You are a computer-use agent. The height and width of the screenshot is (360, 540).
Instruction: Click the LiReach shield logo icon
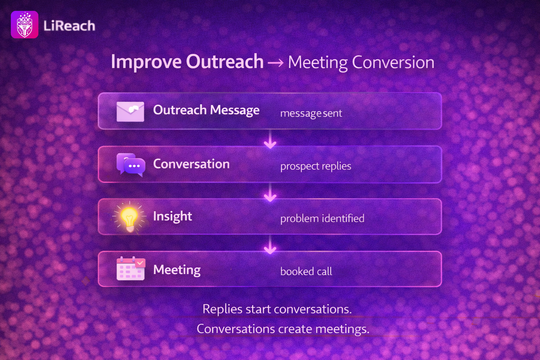(25, 25)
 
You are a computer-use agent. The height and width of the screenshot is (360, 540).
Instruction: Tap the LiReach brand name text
(69, 26)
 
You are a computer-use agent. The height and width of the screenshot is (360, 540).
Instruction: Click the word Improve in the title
(146, 62)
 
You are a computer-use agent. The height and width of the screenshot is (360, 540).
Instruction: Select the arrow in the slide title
(276, 63)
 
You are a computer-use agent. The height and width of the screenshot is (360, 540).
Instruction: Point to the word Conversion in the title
(393, 63)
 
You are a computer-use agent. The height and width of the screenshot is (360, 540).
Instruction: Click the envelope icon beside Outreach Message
(130, 111)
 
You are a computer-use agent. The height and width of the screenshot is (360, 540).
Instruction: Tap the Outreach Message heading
(206, 110)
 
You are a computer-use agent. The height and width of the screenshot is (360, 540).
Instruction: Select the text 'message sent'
(311, 113)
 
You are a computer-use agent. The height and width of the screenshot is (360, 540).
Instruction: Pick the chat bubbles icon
(131, 165)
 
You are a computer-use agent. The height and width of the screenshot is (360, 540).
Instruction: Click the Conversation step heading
(191, 164)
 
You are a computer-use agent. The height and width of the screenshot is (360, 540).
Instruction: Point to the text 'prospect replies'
(316, 166)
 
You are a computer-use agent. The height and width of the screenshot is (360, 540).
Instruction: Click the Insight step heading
(173, 216)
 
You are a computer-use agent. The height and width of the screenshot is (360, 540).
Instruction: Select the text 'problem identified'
(322, 218)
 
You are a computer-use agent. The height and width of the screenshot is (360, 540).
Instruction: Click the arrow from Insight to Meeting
(270, 245)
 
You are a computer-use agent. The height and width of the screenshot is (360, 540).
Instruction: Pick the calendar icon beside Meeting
(131, 268)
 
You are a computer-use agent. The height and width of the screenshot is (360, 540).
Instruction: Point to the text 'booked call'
(306, 271)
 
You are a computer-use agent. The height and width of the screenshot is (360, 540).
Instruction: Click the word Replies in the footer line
(222, 309)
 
